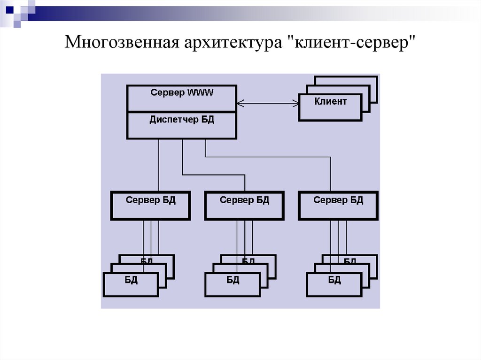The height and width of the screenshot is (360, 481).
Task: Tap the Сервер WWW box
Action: click(181, 98)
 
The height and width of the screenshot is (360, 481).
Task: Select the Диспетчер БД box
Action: click(181, 125)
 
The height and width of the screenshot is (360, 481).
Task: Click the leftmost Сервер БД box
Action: click(150, 206)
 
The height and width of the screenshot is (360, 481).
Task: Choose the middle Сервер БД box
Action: click(244, 206)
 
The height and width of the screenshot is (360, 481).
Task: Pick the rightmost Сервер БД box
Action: click(338, 206)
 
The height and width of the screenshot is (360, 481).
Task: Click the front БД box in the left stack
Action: click(131, 284)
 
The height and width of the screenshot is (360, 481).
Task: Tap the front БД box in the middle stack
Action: click(233, 284)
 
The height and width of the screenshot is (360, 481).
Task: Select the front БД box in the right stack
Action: click(334, 284)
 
